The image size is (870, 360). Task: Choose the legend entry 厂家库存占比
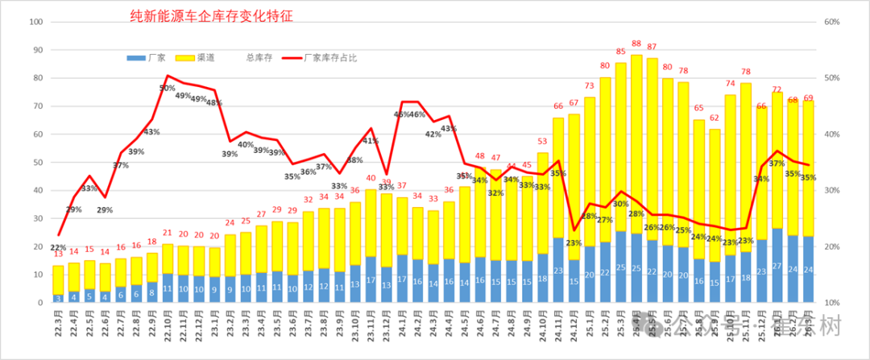[x=338, y=58]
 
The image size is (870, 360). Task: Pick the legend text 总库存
[x=259, y=58]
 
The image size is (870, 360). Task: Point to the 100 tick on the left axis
[x=35, y=22]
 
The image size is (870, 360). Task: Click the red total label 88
[x=636, y=44]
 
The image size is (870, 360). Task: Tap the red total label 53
[x=543, y=142]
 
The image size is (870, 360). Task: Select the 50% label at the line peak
[x=167, y=88]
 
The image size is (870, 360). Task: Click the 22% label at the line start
[x=58, y=247]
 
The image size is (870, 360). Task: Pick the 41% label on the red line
[x=371, y=141]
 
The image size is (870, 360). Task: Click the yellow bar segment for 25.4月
[x=636, y=145]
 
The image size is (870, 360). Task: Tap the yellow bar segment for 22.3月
[x=59, y=279]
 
